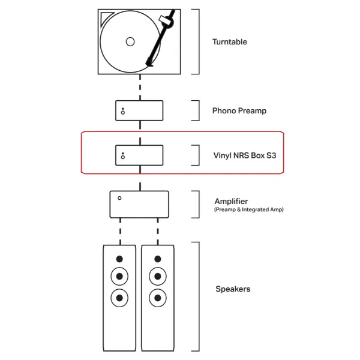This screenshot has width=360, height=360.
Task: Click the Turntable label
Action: pos(230,42)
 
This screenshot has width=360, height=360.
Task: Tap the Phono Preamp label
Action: pos(239,111)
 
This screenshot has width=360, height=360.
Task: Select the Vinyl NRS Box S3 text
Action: pos(245,155)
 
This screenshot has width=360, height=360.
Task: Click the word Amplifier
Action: pos(231,201)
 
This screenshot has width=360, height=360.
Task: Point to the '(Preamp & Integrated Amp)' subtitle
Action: pos(249,209)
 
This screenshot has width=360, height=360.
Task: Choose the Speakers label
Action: pos(233,289)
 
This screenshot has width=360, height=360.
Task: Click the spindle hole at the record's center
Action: pos(130,42)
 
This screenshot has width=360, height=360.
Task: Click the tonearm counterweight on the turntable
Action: pos(167,21)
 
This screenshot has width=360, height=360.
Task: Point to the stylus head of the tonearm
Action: pos(149,62)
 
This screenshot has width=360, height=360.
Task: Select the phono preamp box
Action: pos(139,110)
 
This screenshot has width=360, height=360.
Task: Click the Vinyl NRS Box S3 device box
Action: pos(139,155)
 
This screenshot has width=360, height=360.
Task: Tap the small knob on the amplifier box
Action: pos(119,198)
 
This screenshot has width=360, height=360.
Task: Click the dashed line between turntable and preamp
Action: pos(140,87)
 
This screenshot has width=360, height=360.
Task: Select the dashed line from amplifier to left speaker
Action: pos(121,232)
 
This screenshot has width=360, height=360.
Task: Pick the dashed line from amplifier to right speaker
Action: pos(158,232)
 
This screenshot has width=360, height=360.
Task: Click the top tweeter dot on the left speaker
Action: pos(119,259)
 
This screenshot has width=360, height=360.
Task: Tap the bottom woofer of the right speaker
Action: pos(158,298)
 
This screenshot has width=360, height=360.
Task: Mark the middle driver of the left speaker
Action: pos(119,276)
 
